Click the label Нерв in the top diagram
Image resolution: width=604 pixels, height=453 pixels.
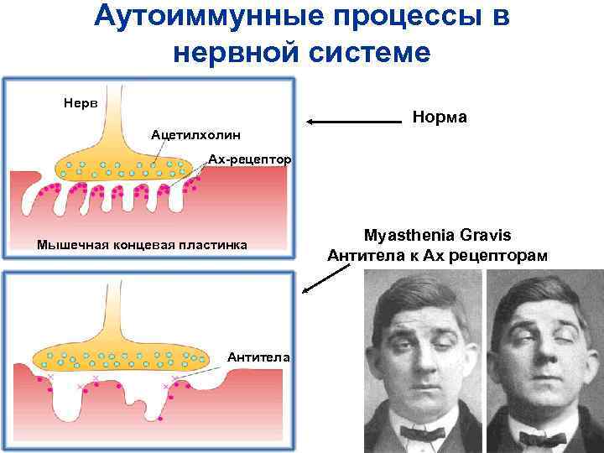pyautogui.click(x=81, y=103)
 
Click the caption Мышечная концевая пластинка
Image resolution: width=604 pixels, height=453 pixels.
pyautogui.click(x=142, y=246)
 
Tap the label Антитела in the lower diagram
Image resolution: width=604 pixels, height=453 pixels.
pyautogui.click(x=259, y=357)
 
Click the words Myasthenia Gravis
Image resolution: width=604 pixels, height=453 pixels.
pyautogui.click(x=438, y=234)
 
